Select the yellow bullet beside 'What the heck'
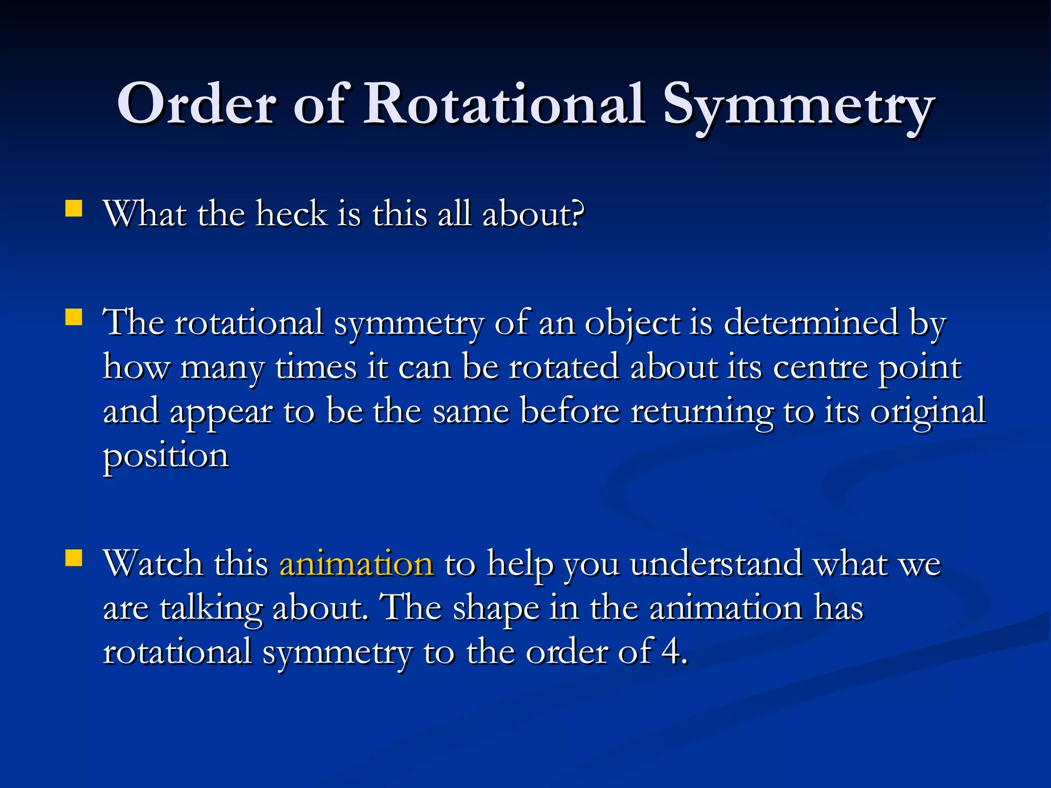click(x=74, y=209)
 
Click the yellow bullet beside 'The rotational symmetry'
click(x=74, y=318)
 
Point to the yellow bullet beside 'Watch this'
click(x=74, y=558)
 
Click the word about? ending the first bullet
click(x=533, y=214)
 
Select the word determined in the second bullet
click(x=811, y=323)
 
